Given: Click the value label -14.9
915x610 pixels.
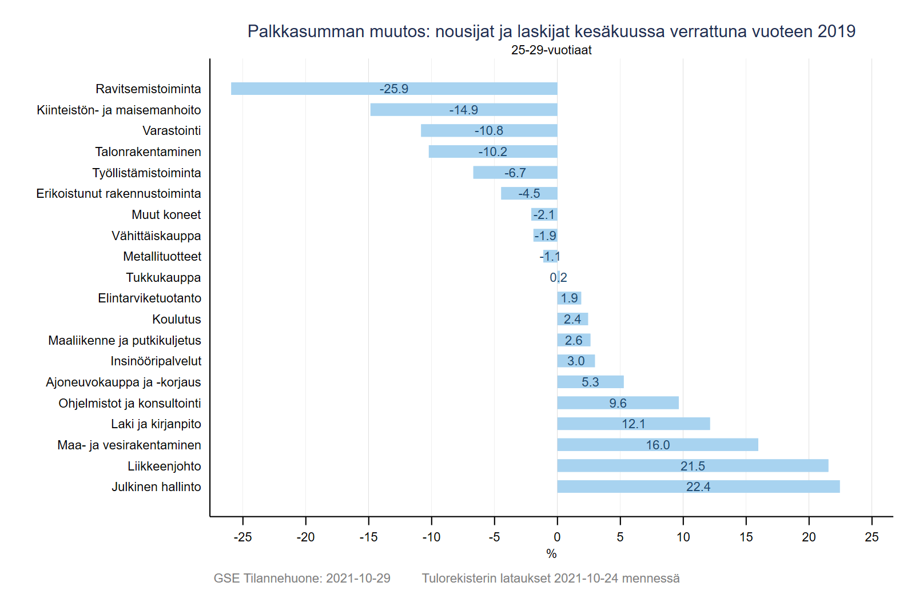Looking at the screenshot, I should [463, 110].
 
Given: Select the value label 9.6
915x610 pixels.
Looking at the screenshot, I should [618, 403].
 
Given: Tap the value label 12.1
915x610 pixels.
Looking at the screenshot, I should [633, 424].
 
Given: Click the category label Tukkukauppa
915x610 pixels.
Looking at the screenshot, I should [164, 278].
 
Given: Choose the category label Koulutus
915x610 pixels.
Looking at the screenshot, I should [177, 320].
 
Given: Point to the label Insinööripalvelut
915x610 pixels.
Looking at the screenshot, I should [156, 361].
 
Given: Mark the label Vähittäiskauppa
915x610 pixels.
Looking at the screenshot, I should [156, 236].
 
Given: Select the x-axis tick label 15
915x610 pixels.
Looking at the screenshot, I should [746, 537].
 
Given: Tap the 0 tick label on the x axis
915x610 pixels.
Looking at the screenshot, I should [557, 537].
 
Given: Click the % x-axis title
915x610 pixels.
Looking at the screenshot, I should [551, 554].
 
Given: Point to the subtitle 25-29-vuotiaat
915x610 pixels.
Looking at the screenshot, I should [551, 50].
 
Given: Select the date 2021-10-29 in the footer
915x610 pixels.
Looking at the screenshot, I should [358, 579].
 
